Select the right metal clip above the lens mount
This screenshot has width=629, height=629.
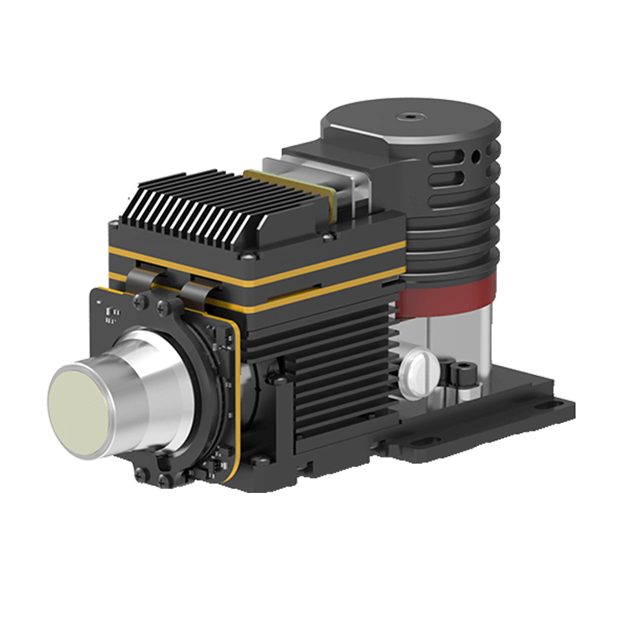click(194, 292)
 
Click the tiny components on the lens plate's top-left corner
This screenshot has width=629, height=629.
click(111, 314)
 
